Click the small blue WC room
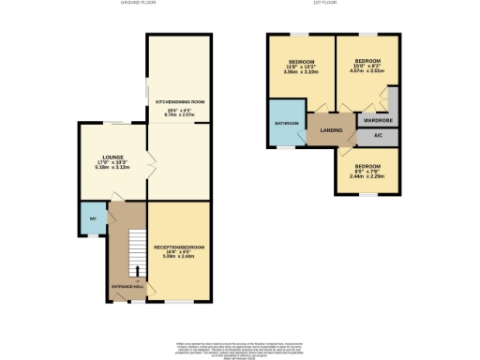(x=92, y=219)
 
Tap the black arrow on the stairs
(x=137, y=273)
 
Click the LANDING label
(x=329, y=130)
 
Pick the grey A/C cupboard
(x=378, y=136)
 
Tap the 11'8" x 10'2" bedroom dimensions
(x=300, y=67)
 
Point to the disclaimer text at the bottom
(x=240, y=347)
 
